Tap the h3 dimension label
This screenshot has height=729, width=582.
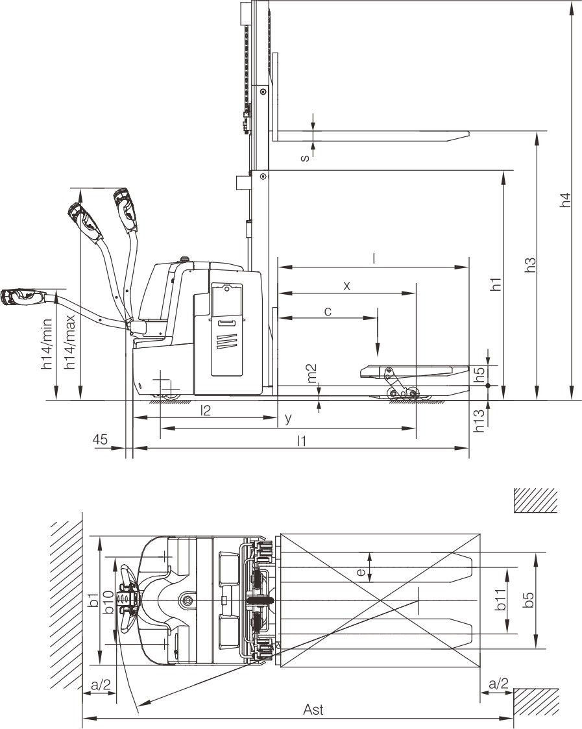[x=530, y=265]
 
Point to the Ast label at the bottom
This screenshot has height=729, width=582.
[x=313, y=710]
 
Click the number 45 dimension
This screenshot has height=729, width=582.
[x=100, y=439]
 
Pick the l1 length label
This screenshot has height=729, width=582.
[x=302, y=440]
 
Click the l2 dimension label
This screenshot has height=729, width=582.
[x=205, y=410]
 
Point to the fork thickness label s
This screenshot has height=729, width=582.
[x=305, y=158]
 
